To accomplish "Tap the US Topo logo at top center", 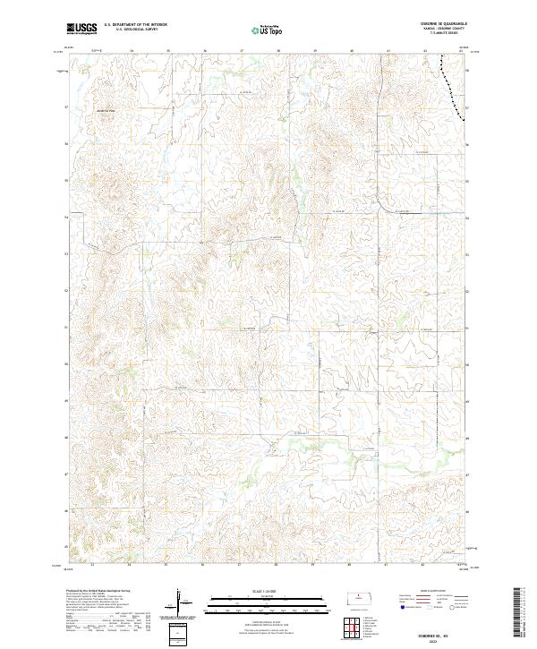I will (x=268, y=30).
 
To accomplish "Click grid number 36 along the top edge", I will (x=204, y=52).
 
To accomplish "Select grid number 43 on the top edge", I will (x=461, y=52).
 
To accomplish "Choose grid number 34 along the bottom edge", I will (x=131, y=566).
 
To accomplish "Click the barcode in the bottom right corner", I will (x=518, y=616).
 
